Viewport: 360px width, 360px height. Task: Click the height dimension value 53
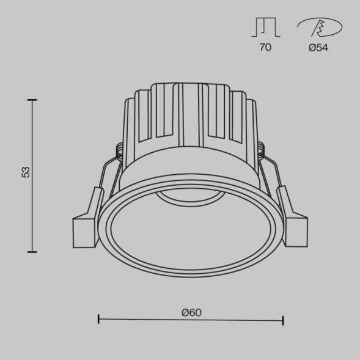pyautogui.click(x=26, y=172)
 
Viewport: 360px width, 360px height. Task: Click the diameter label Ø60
pyautogui.click(x=191, y=312)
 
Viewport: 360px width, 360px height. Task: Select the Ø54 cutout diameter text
pyautogui.click(x=318, y=48)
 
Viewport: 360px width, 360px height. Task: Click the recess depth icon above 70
pyautogui.click(x=265, y=28)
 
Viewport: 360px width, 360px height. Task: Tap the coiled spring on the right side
pyautogui.click(x=261, y=149)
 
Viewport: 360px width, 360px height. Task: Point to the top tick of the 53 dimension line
pyautogui.click(x=32, y=100)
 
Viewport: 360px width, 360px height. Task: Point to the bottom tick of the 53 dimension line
pyautogui.click(x=32, y=251)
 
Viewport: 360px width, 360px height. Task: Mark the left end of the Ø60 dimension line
pyautogui.click(x=99, y=319)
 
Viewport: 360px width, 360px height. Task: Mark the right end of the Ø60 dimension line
pyautogui.click(x=283, y=319)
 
